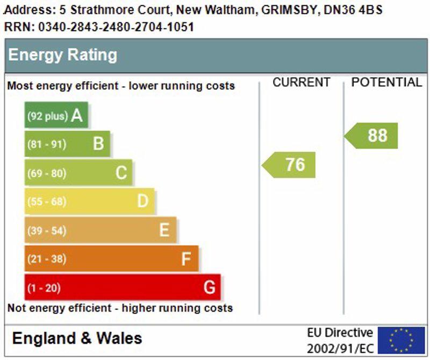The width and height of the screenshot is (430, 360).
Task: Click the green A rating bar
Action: [56, 115]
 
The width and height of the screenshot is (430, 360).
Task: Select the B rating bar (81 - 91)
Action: [67, 144]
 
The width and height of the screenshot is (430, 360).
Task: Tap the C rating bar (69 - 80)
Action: [78, 173]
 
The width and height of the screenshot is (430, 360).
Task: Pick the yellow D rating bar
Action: [89, 201]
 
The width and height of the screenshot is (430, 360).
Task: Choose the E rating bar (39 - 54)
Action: [101, 230]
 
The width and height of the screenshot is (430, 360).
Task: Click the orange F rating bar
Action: [111, 259]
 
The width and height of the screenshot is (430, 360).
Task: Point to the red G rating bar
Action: [123, 287]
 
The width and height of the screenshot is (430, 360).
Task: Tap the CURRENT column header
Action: [301, 82]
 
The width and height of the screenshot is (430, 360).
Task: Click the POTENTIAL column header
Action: [386, 82]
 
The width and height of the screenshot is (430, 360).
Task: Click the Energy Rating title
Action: [62, 55]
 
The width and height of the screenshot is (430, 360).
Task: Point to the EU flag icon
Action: [401, 340]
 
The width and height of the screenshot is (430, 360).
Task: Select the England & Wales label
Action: [77, 338]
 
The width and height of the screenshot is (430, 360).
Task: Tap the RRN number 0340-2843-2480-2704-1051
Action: [116, 27]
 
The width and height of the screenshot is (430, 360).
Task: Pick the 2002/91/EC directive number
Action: [340, 348]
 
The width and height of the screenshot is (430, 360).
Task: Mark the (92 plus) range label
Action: [48, 116]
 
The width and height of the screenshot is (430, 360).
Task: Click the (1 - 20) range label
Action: [44, 288]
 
